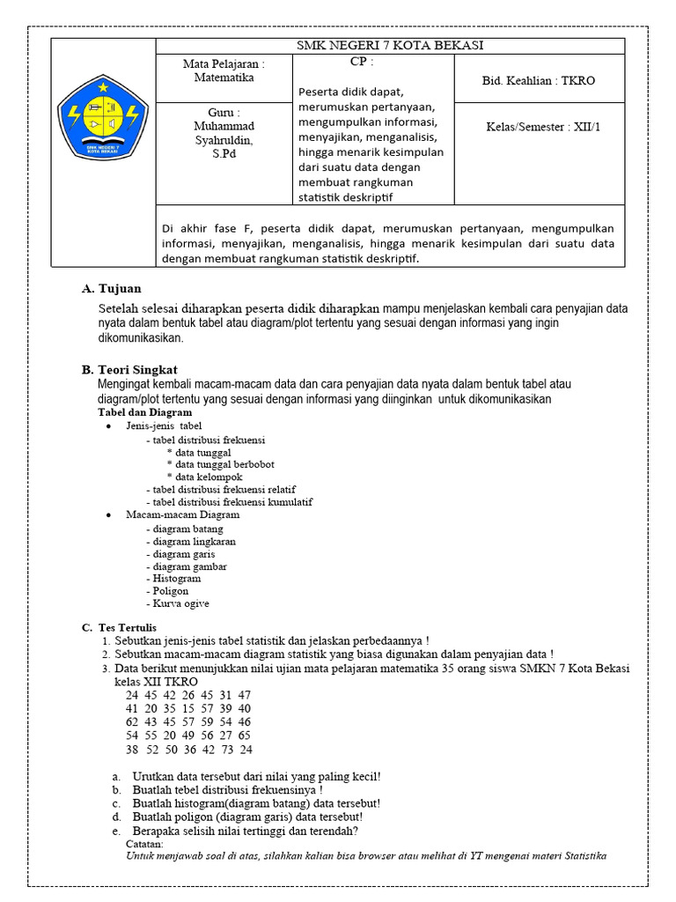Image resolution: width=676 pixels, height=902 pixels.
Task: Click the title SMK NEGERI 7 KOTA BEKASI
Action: point(390,46)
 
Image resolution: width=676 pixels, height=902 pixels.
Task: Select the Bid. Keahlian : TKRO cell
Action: point(539,80)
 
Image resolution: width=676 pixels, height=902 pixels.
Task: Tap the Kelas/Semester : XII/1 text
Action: point(543,127)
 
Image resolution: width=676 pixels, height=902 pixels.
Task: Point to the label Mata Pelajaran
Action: point(224,64)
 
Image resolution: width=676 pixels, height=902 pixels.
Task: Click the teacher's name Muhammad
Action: point(224,126)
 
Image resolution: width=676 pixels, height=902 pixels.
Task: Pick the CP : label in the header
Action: point(361,63)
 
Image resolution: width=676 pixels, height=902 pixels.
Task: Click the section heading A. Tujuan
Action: point(111,289)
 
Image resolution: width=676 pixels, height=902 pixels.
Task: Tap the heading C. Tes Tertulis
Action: point(119,626)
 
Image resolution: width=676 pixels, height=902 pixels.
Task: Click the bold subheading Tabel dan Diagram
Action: point(144,412)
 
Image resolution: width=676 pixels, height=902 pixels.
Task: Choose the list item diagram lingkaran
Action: point(194,542)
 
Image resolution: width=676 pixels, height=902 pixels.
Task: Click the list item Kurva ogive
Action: point(180,603)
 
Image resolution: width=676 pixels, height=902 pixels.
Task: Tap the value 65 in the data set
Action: point(244,735)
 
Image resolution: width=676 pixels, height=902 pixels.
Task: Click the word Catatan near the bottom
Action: point(144,843)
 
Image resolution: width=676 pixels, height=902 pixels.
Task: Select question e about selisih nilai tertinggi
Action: point(245,831)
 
